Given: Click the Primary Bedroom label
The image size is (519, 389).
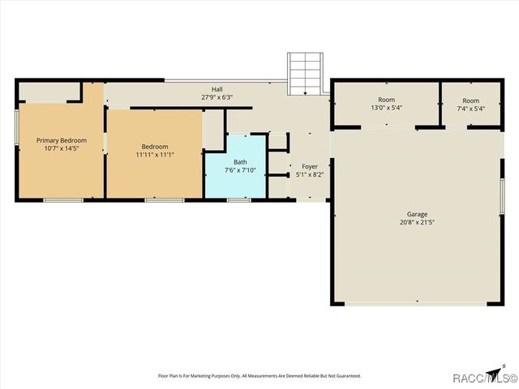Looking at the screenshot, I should tap(62, 140).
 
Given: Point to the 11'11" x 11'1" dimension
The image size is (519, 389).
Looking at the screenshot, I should tap(155, 155).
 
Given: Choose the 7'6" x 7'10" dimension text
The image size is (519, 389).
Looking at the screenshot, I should tap(240, 169).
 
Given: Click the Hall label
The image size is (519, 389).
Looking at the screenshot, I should tap(217, 89).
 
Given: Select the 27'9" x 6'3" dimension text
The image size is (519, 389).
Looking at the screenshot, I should tap(217, 97).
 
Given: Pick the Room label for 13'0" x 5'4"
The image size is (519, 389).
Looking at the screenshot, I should tap(386, 100).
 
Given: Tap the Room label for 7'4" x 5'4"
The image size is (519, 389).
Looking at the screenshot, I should tap(471, 100).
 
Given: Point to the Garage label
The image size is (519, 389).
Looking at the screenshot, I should tap(418, 214).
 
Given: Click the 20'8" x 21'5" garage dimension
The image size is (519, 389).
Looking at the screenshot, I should tap(418, 222).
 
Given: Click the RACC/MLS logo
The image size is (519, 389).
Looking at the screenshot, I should tap(490, 376).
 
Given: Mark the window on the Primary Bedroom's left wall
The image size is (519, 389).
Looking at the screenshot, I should tap(16, 127).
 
